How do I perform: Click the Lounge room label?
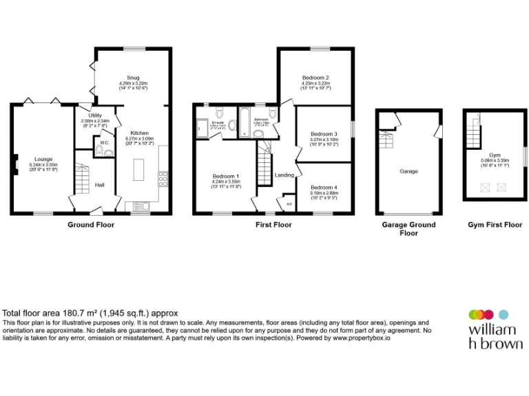click(x=43, y=159)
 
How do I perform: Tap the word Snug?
click(x=132, y=78)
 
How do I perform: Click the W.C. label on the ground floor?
click(x=104, y=143)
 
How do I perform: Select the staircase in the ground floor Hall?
click(x=82, y=181)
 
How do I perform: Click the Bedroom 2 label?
click(x=315, y=78)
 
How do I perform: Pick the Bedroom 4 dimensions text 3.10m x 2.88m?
click(x=324, y=193)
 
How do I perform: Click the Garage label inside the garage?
click(x=408, y=171)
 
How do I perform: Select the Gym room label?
click(x=495, y=155)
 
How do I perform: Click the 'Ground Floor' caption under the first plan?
click(x=91, y=225)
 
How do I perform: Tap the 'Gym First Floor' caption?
click(x=495, y=225)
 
